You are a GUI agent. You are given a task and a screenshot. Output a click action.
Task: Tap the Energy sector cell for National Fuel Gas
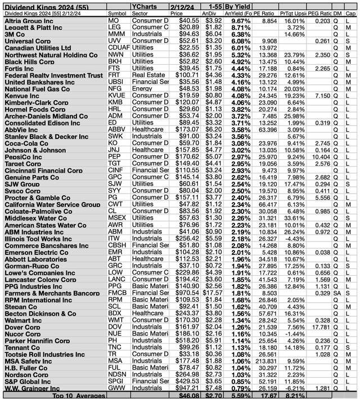tap(140, 88)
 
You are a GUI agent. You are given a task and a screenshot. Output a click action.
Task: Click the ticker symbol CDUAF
tap(119, 47)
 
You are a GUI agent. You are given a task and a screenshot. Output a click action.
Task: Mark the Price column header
tap(177, 12)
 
